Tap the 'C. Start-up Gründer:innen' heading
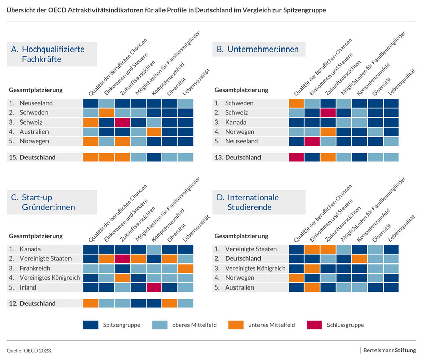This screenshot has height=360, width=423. click(x=48, y=202)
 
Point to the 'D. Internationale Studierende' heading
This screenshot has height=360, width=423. click(x=253, y=202)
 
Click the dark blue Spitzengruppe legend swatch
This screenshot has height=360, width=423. click(x=90, y=325)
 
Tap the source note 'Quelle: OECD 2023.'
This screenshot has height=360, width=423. click(x=29, y=351)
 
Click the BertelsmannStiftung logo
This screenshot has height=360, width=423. click(x=389, y=350)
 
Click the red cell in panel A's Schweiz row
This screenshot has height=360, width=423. click(x=122, y=123)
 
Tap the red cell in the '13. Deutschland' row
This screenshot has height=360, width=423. click(x=296, y=157)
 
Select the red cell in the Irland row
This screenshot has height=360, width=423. click(x=154, y=287)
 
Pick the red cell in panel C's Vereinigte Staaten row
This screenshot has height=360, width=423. click(x=122, y=259)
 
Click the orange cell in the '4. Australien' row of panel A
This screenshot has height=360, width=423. click(x=154, y=132)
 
